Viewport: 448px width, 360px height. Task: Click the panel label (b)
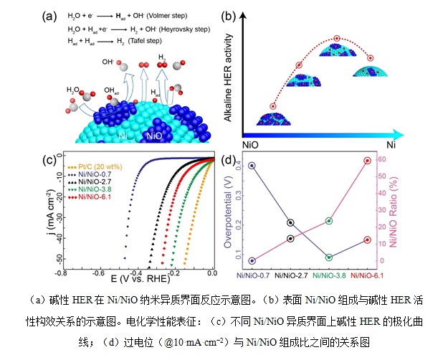(249, 16)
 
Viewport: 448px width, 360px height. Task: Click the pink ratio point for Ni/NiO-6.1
(368, 161)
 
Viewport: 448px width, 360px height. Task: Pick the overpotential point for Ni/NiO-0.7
(251, 166)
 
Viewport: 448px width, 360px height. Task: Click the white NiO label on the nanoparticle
(153, 135)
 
